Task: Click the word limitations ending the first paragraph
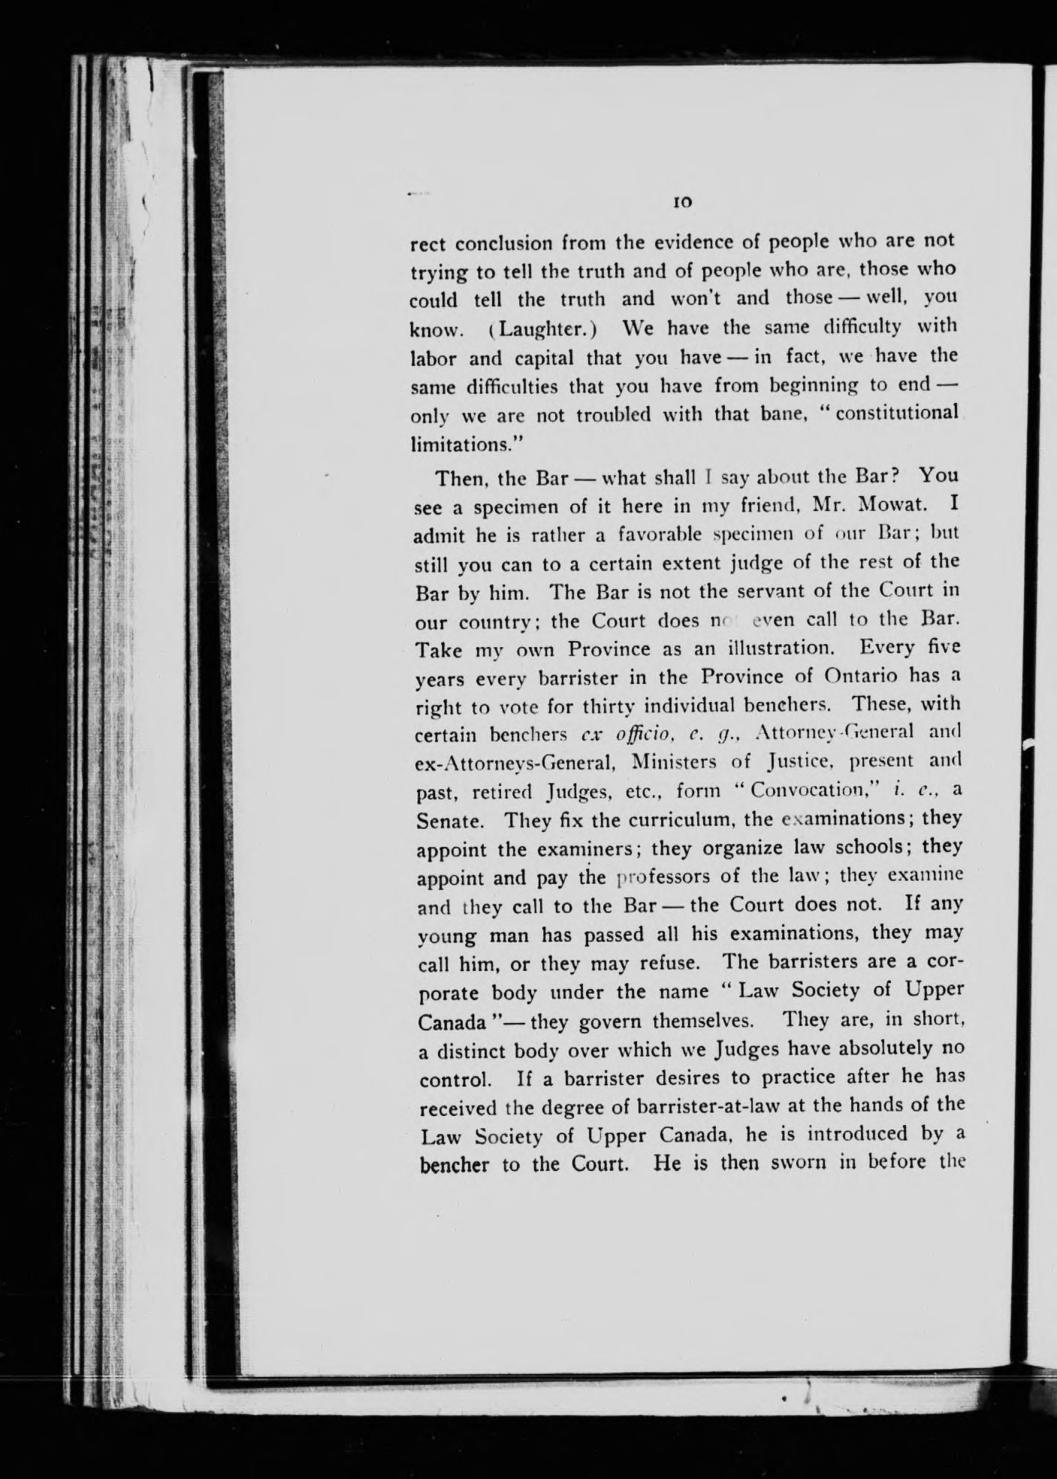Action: [x=458, y=444]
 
